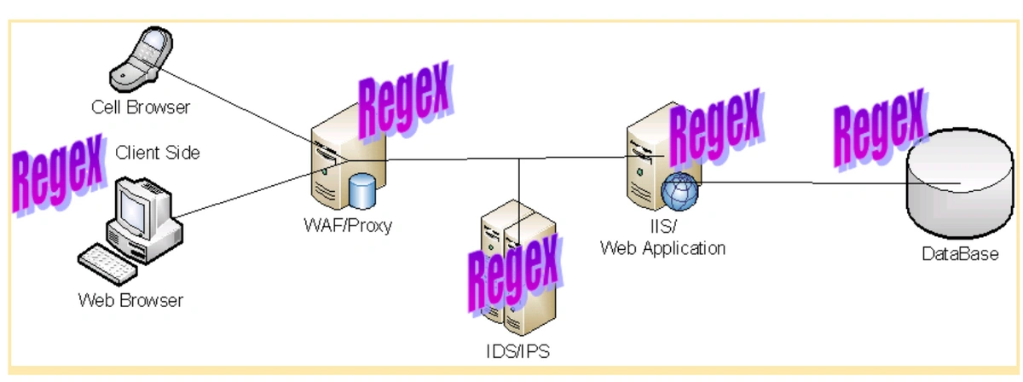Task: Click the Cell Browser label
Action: pos(141,107)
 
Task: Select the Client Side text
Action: pos(157,153)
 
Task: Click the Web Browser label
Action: pos(130,300)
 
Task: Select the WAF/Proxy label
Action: pos(348,226)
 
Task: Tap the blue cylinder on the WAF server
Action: pos(362,191)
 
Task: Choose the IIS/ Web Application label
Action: pos(662,240)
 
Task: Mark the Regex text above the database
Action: pos(879,129)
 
